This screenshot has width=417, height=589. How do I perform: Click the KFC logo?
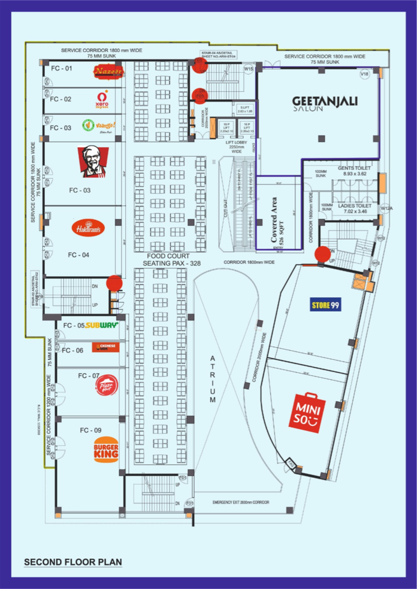coord(93,163)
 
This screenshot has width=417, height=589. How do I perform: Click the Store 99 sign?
coord(326,305)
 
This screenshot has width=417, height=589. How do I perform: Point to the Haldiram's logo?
coord(88,228)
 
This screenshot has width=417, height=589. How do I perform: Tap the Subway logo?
coord(102,325)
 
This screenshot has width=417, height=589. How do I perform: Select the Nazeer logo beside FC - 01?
coord(107,72)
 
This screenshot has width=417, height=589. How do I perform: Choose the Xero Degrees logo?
coord(102,99)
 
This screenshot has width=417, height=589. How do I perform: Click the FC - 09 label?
coord(90,430)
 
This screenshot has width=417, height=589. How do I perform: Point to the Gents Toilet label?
coord(354,170)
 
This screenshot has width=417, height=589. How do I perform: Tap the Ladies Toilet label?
coord(354,208)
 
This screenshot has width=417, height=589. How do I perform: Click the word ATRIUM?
coord(213,379)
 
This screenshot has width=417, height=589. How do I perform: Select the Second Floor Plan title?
coord(73,562)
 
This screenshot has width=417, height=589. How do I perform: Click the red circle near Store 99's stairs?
coord(322,254)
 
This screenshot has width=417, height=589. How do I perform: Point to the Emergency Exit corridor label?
coord(241,502)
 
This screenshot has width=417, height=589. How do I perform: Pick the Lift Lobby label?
coord(237,146)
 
